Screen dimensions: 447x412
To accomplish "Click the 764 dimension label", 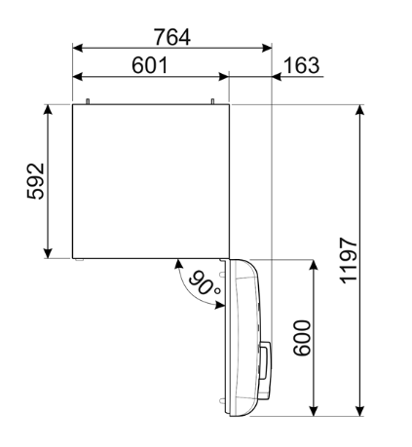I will click(172, 36).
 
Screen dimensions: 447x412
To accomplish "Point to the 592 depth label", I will click(36, 180).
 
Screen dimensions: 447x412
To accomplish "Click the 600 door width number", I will click(300, 337).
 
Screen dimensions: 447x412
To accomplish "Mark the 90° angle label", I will click(205, 286).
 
